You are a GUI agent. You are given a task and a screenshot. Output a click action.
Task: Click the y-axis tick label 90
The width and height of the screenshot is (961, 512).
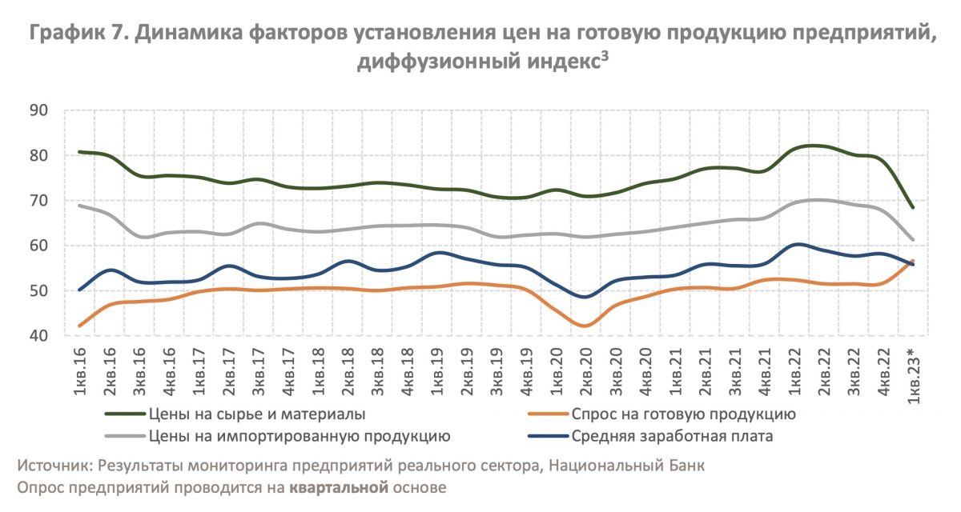tap(40, 110)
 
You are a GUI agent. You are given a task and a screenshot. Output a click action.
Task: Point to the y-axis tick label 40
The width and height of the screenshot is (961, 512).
tap(40, 336)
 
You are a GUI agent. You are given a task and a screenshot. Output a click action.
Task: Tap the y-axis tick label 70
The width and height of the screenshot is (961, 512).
tap(40, 200)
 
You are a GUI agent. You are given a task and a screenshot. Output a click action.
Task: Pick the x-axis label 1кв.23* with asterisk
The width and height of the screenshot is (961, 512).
tap(912, 377)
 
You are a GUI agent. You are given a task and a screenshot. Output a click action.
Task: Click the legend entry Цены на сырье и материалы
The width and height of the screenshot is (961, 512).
tap(256, 414)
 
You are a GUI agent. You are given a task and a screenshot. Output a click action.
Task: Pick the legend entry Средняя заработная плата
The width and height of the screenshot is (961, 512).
tap(672, 436)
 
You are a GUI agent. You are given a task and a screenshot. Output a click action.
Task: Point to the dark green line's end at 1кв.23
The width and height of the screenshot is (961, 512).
tap(912, 207)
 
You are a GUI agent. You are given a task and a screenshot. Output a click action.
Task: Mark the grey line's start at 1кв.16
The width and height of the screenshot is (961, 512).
tap(78, 206)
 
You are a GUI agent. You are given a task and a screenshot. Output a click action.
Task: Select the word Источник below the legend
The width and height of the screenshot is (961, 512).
tap(53, 466)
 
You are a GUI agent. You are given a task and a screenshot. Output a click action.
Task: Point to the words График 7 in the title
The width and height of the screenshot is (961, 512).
tap(78, 34)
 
